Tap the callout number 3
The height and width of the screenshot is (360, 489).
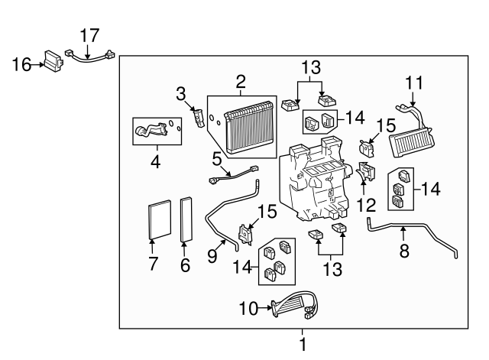(181, 94)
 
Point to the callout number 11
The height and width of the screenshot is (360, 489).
(413, 81)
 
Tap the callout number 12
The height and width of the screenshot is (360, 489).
(366, 205)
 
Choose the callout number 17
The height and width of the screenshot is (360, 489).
(90, 34)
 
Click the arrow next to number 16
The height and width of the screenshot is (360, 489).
(37, 65)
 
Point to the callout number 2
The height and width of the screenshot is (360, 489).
(240, 81)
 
